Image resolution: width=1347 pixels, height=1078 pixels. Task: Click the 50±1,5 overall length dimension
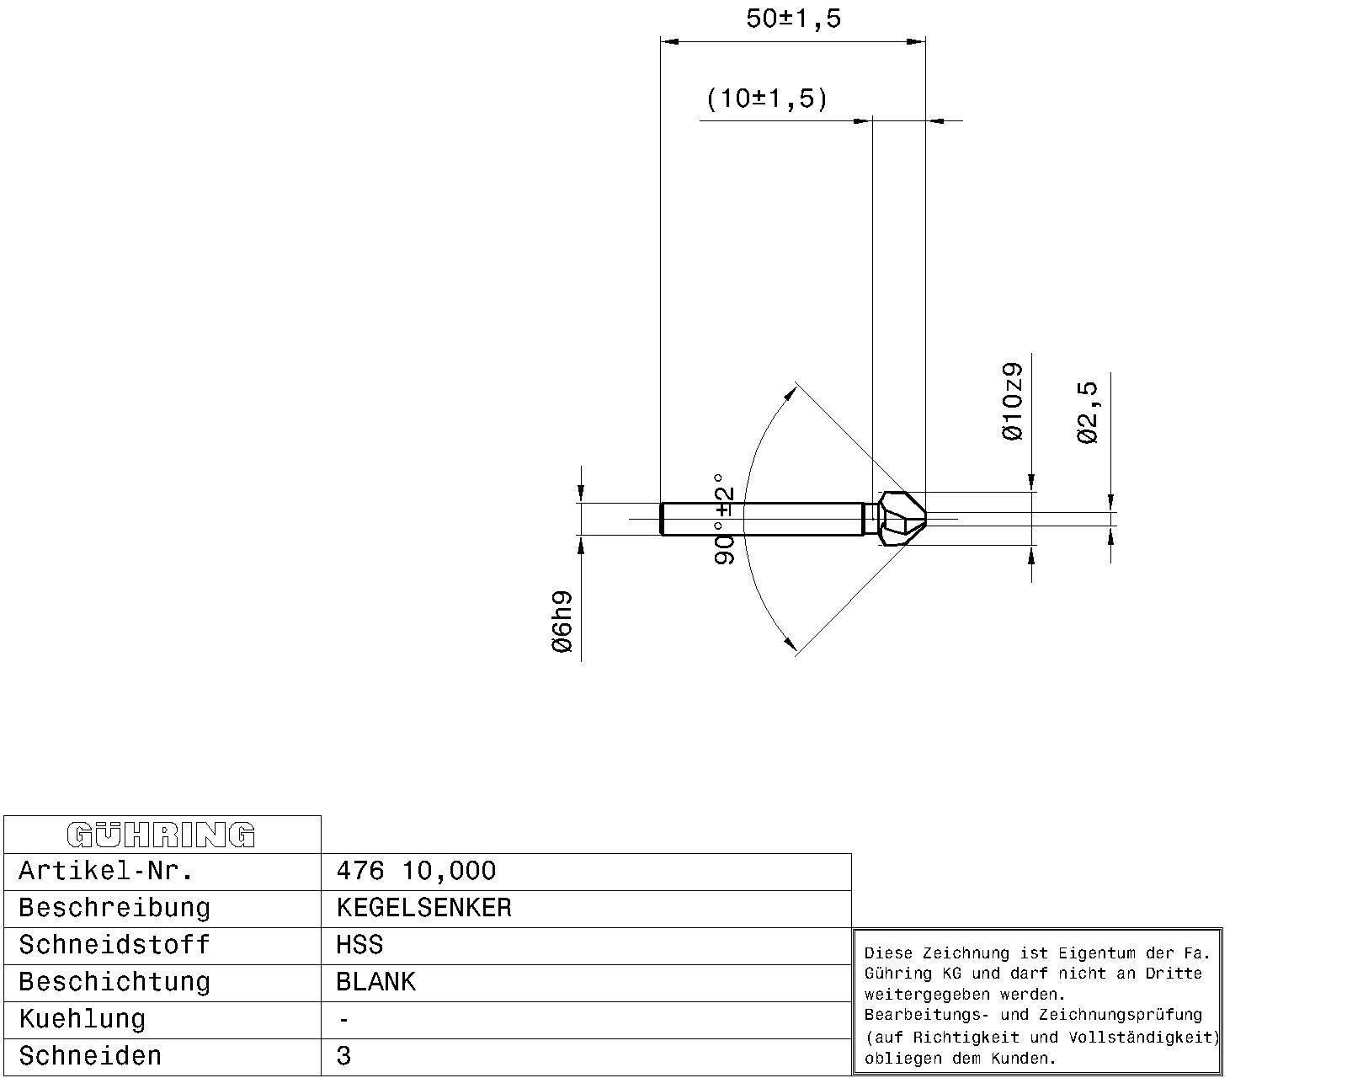point(793,19)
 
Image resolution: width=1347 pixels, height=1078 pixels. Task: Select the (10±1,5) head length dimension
point(767,99)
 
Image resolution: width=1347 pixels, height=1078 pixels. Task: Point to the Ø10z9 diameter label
point(1011,401)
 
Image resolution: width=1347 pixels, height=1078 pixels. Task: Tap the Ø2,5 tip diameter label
point(1087,412)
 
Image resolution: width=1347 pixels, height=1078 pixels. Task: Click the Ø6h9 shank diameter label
point(562,622)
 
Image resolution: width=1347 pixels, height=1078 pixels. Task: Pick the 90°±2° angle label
point(724,519)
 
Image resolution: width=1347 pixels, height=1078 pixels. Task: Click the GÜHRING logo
point(161,835)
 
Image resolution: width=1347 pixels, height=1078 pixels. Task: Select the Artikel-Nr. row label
point(106,871)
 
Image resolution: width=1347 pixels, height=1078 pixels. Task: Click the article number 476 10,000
point(416,871)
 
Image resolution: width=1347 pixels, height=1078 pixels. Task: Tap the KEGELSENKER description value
point(423,908)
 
